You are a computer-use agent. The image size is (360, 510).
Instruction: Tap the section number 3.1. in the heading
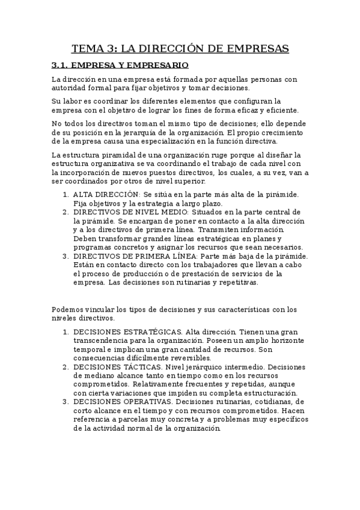click(x=61, y=65)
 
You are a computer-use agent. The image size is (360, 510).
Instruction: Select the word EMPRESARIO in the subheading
click(x=156, y=65)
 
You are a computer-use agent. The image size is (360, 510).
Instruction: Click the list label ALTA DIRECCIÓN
click(x=106, y=194)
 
